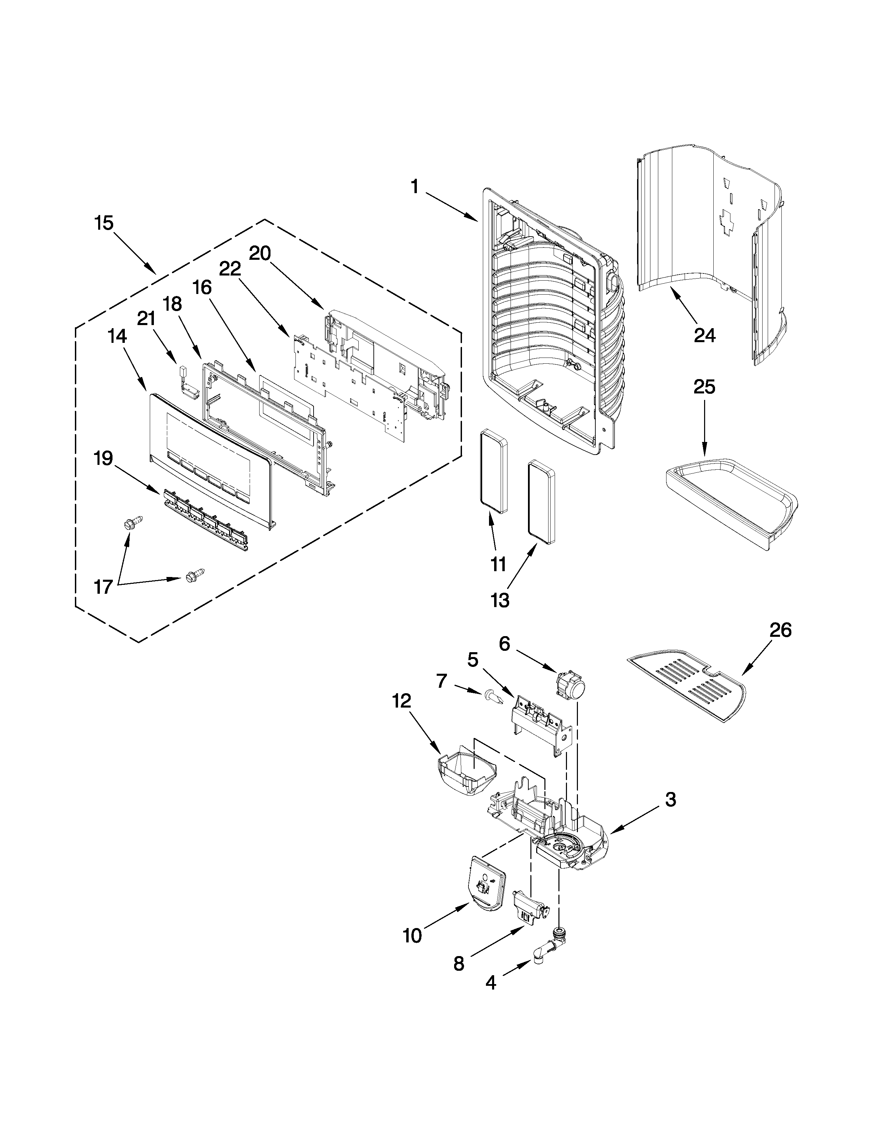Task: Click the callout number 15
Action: click(x=104, y=224)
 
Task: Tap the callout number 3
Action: click(x=670, y=800)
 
